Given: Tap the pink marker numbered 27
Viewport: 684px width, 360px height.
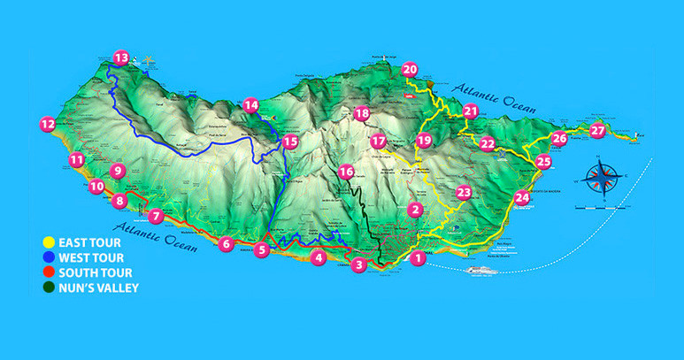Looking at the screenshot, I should pos(598,131).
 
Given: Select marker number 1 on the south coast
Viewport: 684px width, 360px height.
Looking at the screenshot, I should pos(417,258).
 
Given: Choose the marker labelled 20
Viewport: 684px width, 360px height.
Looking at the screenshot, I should pos(410,69).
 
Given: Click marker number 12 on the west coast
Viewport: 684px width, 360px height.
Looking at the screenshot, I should pos(47,125).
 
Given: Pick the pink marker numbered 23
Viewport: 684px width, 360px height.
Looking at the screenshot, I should pos(464,193).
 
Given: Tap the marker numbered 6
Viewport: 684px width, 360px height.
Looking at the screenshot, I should pos(227,244).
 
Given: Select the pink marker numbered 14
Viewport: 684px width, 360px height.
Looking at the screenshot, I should pos(251,104).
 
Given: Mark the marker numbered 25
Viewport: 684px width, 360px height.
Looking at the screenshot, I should pos(543,161).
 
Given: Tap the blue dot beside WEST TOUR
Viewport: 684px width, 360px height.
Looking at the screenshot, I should pos(50,257).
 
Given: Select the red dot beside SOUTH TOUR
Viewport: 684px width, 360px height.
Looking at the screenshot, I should pos(50,272).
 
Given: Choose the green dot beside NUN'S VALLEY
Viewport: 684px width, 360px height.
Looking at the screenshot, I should pos(50,287).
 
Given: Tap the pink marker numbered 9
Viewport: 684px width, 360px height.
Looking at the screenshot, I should pos(117,172).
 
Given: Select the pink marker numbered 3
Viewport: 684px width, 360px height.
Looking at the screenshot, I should pos(358,264).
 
